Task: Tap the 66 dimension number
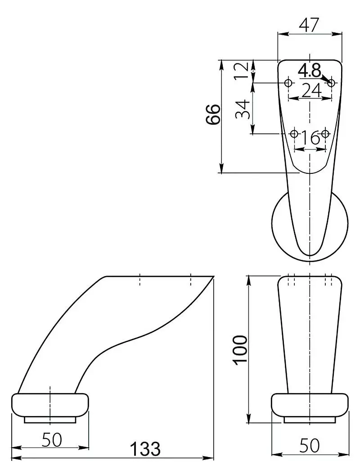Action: (x=213, y=114)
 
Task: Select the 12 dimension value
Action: (x=242, y=70)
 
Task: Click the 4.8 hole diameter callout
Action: (x=309, y=71)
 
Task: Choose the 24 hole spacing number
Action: (x=311, y=90)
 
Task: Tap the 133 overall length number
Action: (x=145, y=449)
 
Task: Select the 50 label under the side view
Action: (x=52, y=440)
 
